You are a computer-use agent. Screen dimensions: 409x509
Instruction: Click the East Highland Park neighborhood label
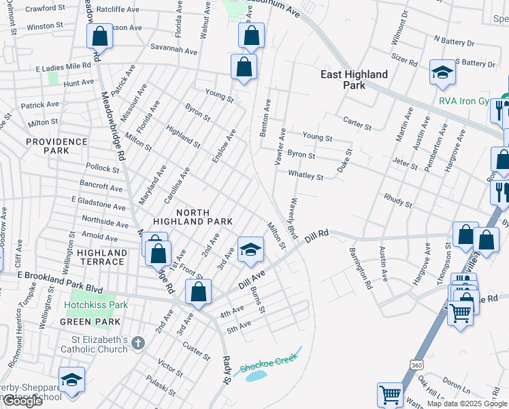(x=355, y=80)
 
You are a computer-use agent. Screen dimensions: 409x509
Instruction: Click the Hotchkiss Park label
(x=97, y=305)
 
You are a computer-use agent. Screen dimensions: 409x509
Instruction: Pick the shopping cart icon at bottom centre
(x=390, y=395)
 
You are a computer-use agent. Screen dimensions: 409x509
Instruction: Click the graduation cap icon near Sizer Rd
(x=442, y=74)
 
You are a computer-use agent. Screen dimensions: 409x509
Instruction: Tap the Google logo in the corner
(x=22, y=401)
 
